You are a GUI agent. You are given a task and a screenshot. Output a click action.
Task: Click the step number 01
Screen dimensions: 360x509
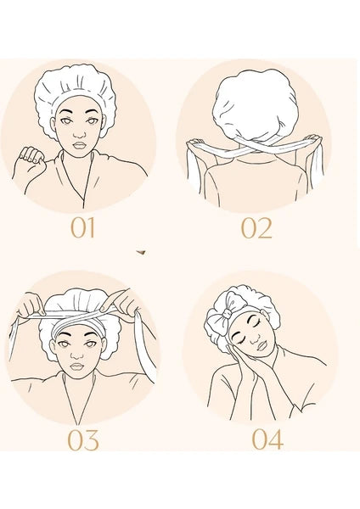(83, 227)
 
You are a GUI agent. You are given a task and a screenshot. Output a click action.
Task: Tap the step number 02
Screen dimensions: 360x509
(256, 228)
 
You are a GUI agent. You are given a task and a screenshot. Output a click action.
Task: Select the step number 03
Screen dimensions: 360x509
(83, 439)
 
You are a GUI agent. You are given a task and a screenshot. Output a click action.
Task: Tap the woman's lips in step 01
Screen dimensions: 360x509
(79, 145)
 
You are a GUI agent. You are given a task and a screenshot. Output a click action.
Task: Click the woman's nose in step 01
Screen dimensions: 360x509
(79, 133)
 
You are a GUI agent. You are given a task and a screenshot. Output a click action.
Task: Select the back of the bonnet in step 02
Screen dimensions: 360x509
(255, 104)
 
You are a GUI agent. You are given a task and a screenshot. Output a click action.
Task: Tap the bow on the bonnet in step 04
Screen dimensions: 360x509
(223, 313)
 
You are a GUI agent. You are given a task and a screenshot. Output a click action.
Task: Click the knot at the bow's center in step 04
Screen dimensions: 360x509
(228, 314)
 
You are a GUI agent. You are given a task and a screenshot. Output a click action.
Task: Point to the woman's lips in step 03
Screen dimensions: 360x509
(77, 366)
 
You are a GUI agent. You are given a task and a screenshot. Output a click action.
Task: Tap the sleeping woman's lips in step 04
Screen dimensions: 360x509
(262, 345)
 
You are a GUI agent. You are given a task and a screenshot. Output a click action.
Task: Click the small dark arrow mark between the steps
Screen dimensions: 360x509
(141, 252)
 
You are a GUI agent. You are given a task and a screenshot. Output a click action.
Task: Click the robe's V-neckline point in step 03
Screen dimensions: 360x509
(77, 424)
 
